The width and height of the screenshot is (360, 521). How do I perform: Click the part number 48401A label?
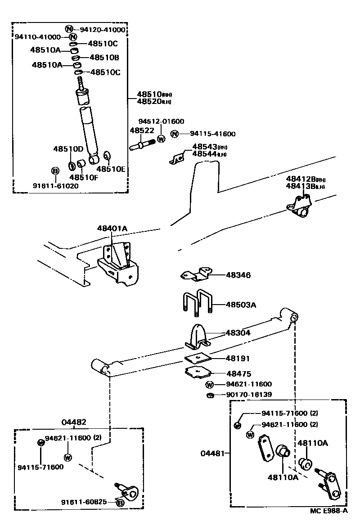[112, 229]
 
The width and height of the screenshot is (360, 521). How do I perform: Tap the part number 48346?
[238, 275]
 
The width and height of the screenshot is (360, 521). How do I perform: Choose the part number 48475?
[238, 373]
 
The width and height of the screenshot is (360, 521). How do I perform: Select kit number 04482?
[74, 422]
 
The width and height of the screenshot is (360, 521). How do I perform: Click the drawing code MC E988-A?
[328, 511]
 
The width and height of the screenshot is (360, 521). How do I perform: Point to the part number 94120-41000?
[102, 30]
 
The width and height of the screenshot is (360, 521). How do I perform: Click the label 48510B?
[104, 58]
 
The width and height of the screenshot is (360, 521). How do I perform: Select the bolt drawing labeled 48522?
[142, 145]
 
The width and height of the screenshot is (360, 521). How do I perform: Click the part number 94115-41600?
[212, 134]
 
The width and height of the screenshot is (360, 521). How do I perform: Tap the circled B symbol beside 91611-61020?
[55, 171]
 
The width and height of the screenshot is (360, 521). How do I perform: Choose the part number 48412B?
[301, 179]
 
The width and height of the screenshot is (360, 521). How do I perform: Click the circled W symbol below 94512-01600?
[161, 139]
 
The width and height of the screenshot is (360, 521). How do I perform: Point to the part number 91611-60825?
[84, 502]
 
